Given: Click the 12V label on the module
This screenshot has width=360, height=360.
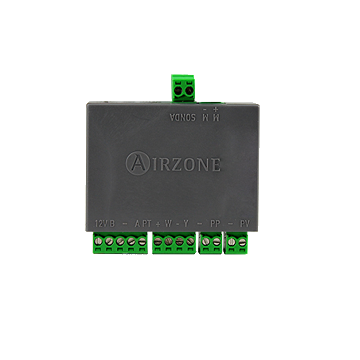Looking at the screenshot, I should click(x=100, y=224).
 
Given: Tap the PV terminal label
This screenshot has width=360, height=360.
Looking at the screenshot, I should click(x=245, y=224).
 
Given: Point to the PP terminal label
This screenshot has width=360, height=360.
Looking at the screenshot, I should click(x=215, y=224).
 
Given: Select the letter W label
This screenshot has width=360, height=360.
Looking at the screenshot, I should click(x=168, y=224).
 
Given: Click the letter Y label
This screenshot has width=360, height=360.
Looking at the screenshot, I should click(x=186, y=224).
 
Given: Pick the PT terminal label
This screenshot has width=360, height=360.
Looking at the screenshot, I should click(x=147, y=224).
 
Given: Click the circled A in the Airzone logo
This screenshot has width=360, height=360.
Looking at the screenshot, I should click(x=137, y=163).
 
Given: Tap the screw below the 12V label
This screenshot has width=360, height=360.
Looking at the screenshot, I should click(x=98, y=240).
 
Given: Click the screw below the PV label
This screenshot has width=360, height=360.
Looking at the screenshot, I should click(x=242, y=241).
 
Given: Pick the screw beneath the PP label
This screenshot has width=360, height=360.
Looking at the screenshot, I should click(x=216, y=241).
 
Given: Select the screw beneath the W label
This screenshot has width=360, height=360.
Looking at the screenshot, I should click(x=169, y=241).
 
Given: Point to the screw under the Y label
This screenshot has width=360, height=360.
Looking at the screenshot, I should click(x=190, y=241).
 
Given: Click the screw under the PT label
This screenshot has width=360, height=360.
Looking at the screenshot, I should click(x=142, y=241).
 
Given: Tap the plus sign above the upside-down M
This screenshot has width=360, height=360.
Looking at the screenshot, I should click(x=215, y=108).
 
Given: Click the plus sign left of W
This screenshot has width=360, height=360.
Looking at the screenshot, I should click(x=158, y=224).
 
